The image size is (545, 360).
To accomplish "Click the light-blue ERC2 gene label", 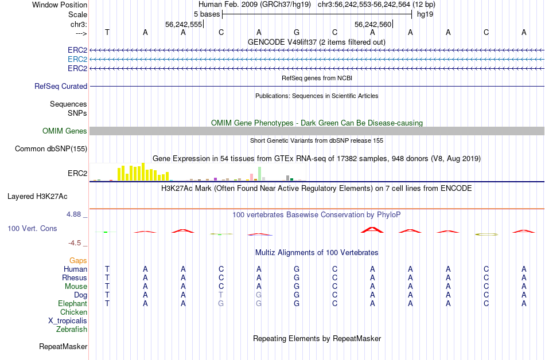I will click(x=77, y=59).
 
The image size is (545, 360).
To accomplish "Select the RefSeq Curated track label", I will click(x=61, y=86).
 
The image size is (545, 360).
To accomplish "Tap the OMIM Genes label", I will click(x=65, y=131).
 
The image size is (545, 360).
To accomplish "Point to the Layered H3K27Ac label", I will click(x=37, y=196).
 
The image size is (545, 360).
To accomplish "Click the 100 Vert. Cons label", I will click(x=32, y=229).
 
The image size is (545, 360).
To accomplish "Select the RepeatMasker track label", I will click(x=63, y=347).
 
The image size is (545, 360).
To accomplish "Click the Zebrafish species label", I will click(x=72, y=330).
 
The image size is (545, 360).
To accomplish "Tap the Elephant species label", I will click(x=72, y=303).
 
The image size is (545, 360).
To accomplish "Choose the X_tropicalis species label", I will click(x=68, y=321).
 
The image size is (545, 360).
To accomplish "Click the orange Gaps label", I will click(x=78, y=261).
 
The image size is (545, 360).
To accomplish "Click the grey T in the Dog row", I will click(x=221, y=295).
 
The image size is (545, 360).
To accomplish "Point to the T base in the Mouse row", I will click(x=107, y=286).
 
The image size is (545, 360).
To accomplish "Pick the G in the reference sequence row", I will click(x=297, y=33).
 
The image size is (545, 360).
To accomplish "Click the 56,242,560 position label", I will click(x=373, y=25).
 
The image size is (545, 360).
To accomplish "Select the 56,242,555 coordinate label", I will click(x=184, y=25).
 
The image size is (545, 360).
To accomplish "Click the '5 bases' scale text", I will click(x=206, y=14).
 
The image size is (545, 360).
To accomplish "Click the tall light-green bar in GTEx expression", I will click(x=260, y=174).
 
